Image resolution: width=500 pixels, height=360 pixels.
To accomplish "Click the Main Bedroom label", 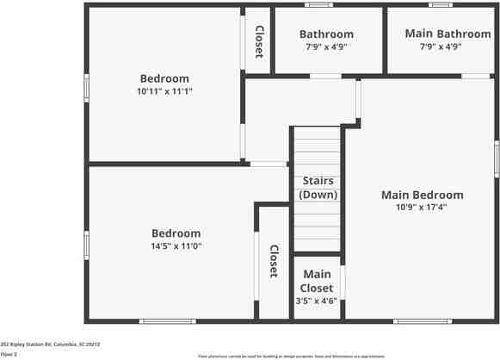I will [x=422, y=195].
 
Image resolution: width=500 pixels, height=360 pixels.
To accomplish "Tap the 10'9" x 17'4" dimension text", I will [x=422, y=207].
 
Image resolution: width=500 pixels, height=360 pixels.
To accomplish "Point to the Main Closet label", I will [x=316, y=281].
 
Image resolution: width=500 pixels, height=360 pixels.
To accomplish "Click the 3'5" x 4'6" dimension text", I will [x=316, y=301].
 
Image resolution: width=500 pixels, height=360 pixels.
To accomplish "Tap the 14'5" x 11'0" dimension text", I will [x=176, y=245].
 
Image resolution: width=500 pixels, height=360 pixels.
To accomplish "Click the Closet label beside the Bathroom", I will [x=258, y=40].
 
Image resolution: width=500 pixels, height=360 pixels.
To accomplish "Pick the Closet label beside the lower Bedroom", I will [x=273, y=261].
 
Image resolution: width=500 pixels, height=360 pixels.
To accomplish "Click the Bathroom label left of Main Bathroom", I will [x=326, y=34].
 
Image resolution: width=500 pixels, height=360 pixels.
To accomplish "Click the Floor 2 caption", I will [x=9, y=354].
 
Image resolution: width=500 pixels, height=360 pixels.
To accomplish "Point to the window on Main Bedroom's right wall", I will [x=497, y=158].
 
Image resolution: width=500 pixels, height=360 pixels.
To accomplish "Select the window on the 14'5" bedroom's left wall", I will [x=86, y=244].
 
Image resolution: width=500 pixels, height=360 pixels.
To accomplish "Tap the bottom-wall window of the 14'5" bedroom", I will [x=166, y=321].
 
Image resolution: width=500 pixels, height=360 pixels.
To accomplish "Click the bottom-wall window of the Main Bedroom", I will [x=423, y=321].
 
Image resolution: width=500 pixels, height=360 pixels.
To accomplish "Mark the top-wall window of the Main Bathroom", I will [x=441, y=5].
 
